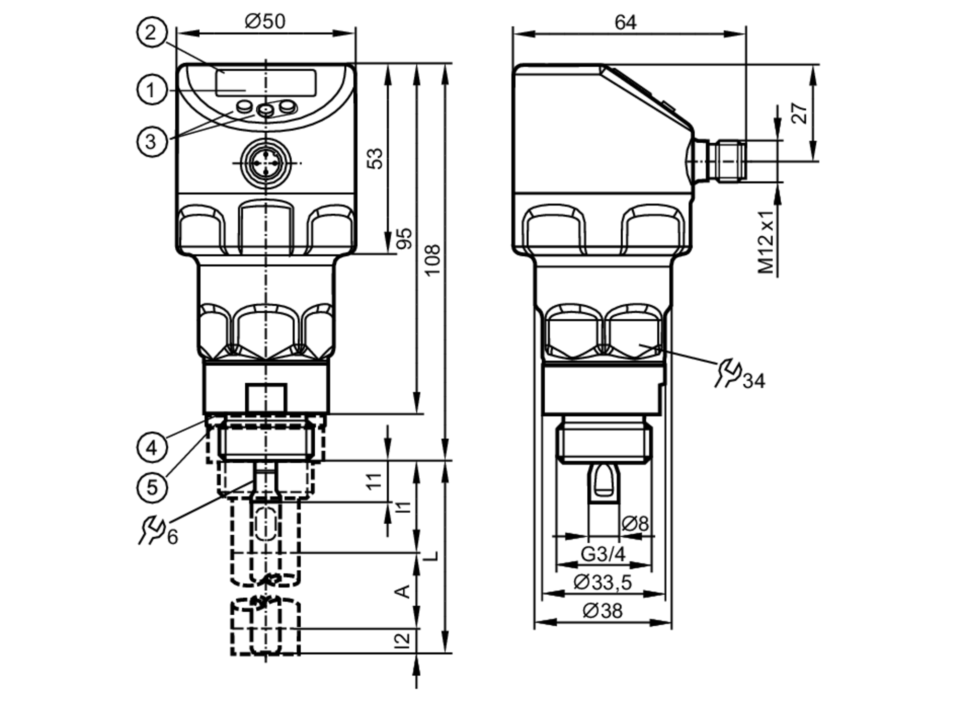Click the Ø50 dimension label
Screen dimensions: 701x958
(x=265, y=21)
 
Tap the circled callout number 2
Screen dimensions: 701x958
(x=152, y=33)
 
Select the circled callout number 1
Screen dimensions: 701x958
(x=152, y=90)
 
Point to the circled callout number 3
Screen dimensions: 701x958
(x=152, y=141)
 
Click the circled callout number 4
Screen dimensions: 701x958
(x=152, y=448)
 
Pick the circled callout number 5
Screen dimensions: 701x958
(x=152, y=488)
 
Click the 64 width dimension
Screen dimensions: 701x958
(x=626, y=22)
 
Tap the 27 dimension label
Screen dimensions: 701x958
(x=799, y=113)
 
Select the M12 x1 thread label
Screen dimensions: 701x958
(x=766, y=241)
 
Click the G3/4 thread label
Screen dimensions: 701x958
(x=603, y=554)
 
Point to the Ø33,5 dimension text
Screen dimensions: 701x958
(x=603, y=582)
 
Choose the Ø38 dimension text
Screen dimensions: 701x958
(x=603, y=610)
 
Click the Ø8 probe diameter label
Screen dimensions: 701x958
(x=635, y=524)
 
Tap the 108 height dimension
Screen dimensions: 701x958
(x=433, y=260)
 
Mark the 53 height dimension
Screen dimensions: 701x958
(x=375, y=159)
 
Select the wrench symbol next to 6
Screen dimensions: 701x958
(x=151, y=529)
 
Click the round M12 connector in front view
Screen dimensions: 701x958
(x=266, y=163)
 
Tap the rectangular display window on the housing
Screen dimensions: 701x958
(x=266, y=83)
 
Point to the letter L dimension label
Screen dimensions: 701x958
(x=432, y=556)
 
